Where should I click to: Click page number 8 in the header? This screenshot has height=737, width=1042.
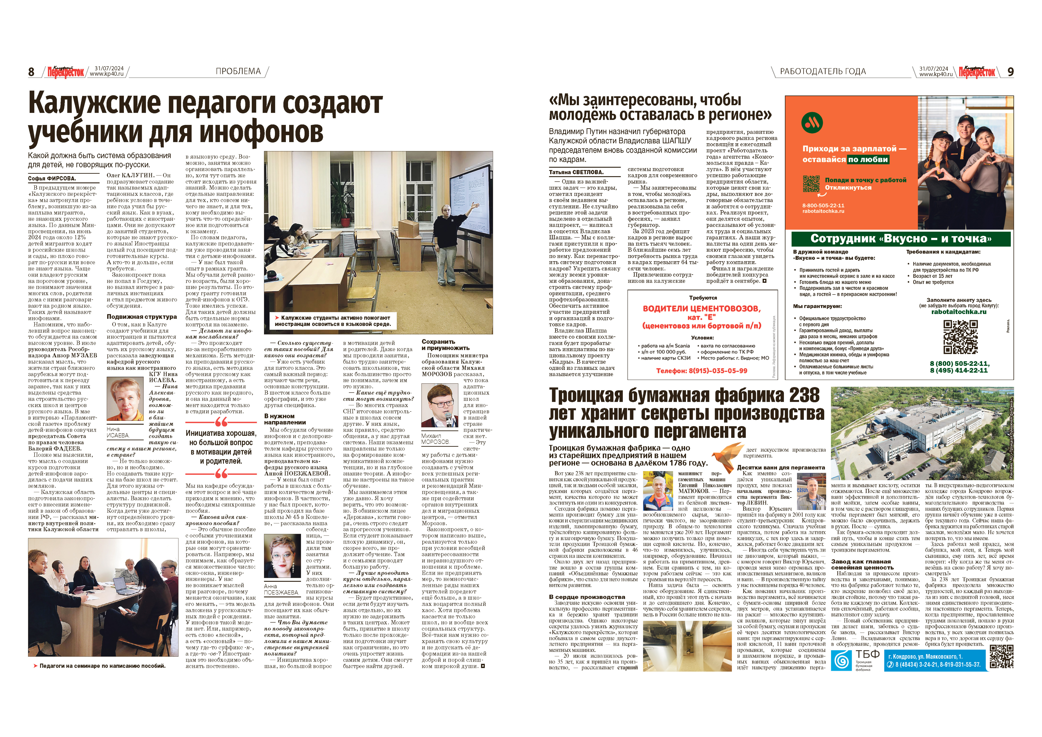pyautogui.click(x=31, y=72)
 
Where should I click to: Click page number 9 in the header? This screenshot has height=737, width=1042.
pyautogui.click(x=1010, y=72)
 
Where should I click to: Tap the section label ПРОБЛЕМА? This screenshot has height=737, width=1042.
pyautogui.click(x=238, y=71)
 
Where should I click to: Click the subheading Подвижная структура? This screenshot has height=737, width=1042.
pyautogui.click(x=142, y=316)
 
